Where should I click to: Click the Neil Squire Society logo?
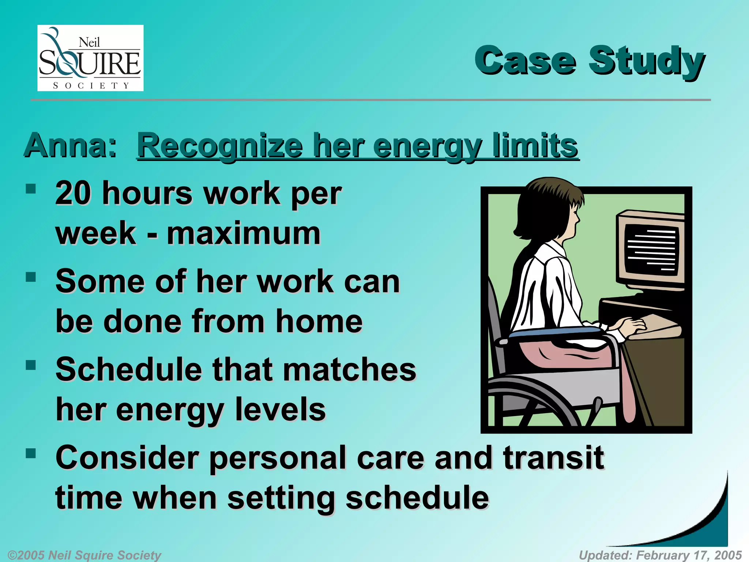[90, 58]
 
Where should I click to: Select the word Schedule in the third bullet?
[128, 369]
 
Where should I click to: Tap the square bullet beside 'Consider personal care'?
[31, 454]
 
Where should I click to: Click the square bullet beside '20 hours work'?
[31, 189]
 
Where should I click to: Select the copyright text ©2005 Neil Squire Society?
[84, 555]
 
